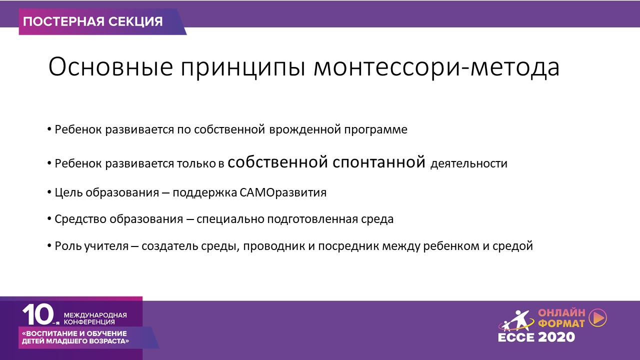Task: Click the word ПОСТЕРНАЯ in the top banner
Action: [x=63, y=21]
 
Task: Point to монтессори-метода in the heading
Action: [x=436, y=68]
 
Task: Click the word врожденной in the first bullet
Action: [x=304, y=130]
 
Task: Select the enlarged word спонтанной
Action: [x=379, y=162]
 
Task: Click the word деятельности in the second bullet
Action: [x=469, y=164]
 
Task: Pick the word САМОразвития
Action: [x=283, y=192]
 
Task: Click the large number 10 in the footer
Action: [x=38, y=314]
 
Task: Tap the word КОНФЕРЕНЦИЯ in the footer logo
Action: [x=89, y=322]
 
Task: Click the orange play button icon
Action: [x=598, y=317]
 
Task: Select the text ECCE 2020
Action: [x=536, y=337]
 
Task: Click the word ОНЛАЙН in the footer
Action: [x=561, y=313]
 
